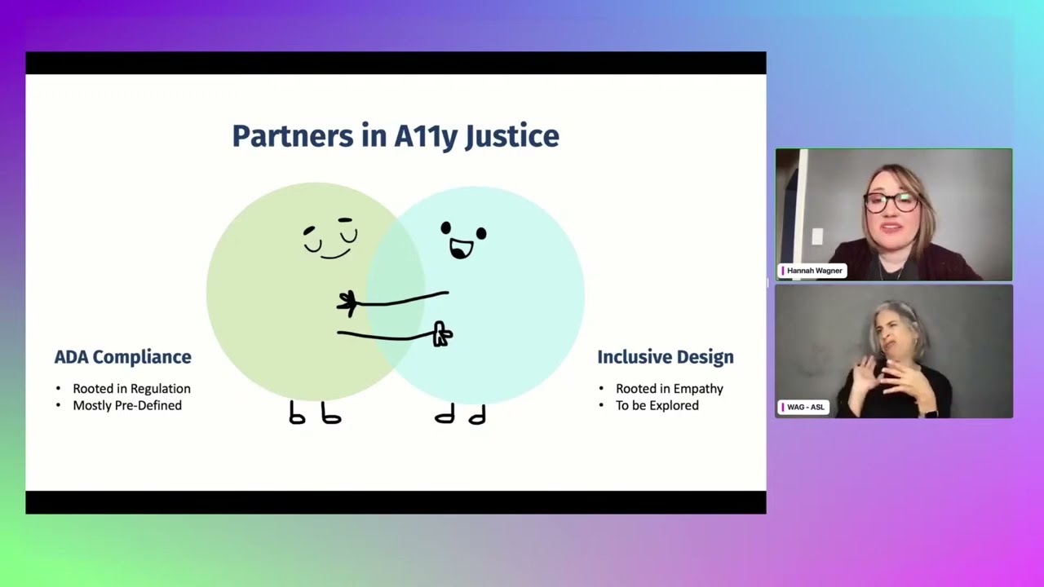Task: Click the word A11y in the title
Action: (425, 136)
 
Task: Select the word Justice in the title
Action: (511, 136)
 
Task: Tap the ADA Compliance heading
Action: (122, 357)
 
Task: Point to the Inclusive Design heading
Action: (665, 357)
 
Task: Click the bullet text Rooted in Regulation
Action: (131, 389)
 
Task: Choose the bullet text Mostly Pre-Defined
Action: (127, 405)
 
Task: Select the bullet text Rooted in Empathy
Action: (669, 389)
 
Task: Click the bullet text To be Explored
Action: (657, 405)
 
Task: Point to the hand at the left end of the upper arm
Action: (347, 303)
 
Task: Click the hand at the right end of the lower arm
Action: (442, 334)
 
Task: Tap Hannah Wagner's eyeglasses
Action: (891, 201)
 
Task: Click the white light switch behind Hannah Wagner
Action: (817, 236)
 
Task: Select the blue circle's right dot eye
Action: (481, 234)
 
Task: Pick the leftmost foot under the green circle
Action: (297, 415)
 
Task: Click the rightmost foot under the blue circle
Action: (478, 416)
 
